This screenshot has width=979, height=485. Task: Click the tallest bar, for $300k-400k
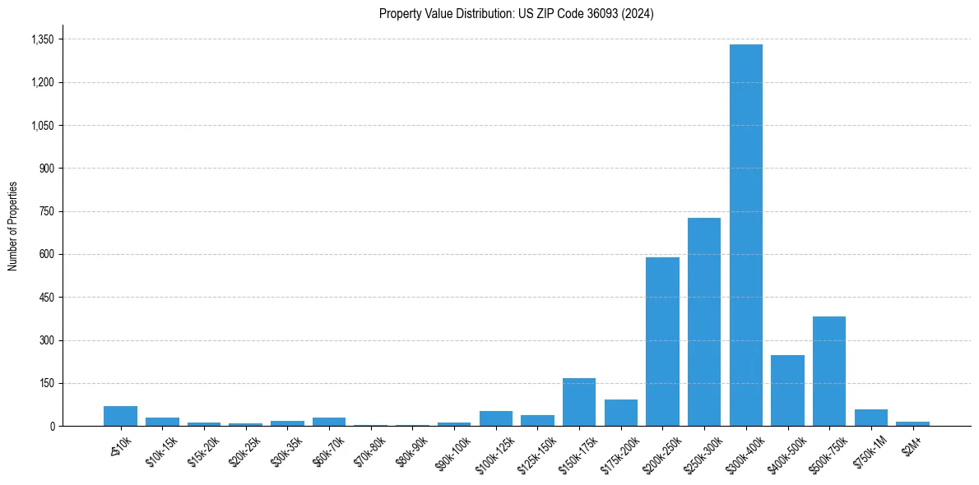745,235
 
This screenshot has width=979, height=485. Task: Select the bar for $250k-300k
704,322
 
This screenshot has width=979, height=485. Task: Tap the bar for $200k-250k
662,342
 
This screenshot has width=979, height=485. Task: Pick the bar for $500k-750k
829,372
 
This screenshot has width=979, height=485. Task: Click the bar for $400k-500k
787,390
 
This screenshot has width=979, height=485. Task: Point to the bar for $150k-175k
579,402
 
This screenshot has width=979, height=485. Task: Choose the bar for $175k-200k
621,413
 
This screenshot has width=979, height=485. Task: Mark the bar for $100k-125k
496,418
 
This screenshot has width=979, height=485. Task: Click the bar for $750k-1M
871,418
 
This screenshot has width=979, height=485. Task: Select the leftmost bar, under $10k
120,416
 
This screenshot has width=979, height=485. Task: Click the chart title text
517,14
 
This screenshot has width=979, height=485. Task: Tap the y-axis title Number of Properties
13,226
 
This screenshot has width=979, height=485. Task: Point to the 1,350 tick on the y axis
41,39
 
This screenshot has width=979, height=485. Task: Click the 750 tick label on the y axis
46,211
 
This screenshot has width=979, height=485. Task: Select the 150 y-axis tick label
46,383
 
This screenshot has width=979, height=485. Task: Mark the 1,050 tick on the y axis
41,126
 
